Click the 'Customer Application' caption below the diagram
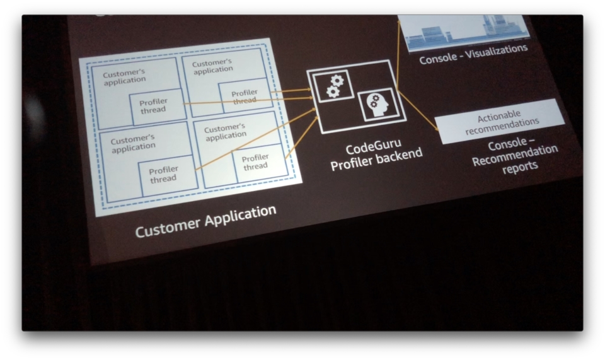pos(205,221)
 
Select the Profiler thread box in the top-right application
pos(245,95)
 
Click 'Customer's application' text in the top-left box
pos(124,76)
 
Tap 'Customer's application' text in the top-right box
pos(212,66)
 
